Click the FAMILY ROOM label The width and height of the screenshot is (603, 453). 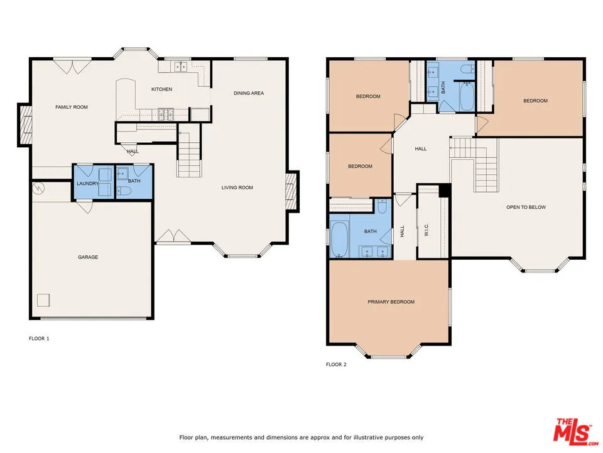pyautogui.click(x=72, y=107)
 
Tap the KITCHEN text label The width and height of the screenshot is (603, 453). pyautogui.click(x=161, y=89)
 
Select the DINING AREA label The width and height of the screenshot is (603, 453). pyautogui.click(x=249, y=93)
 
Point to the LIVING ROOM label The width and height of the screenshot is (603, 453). pyautogui.click(x=237, y=187)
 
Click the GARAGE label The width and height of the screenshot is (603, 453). pyautogui.click(x=88, y=257)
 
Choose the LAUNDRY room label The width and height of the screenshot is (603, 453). pyautogui.click(x=88, y=183)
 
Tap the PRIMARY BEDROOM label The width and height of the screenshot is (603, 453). pyautogui.click(x=391, y=302)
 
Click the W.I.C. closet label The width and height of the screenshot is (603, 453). pyautogui.click(x=426, y=231)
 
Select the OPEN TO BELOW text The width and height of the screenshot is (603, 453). pyautogui.click(x=526, y=207)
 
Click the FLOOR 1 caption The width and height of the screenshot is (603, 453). pyautogui.click(x=39, y=338)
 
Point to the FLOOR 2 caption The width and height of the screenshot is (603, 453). pyautogui.click(x=336, y=364)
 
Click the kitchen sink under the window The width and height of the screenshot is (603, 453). pyautogui.click(x=182, y=66)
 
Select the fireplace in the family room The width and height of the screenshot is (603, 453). pyautogui.click(x=26, y=125)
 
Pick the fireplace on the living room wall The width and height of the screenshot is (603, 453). pyautogui.click(x=291, y=192)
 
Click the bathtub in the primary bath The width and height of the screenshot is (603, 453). pyautogui.click(x=339, y=240)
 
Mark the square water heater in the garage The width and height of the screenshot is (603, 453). pyautogui.click(x=43, y=299)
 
